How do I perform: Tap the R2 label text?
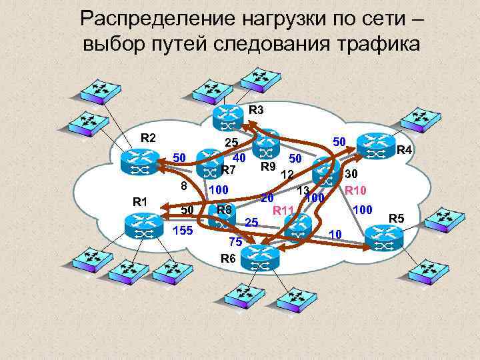148,138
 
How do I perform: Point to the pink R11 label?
284,211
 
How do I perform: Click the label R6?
227,257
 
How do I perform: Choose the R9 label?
269,167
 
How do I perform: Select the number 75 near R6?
235,242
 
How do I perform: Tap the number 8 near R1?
185,187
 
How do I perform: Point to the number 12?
288,175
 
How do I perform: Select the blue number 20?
267,197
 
